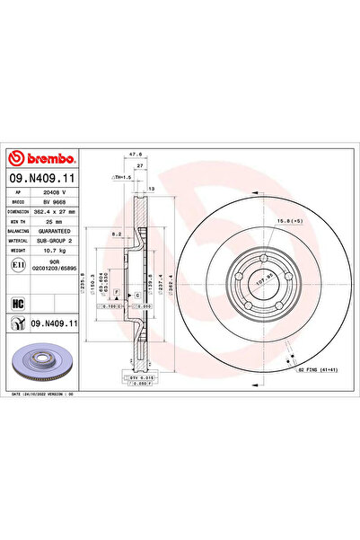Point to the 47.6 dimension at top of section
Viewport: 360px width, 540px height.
pyautogui.click(x=134, y=154)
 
